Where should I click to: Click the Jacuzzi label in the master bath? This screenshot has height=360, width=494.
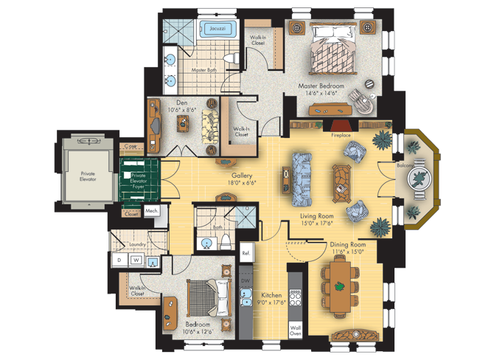(x=218, y=29)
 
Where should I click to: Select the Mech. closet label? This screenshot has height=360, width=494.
(x=152, y=211)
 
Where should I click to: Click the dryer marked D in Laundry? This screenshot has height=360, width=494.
(x=118, y=260)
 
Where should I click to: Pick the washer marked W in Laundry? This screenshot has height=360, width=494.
(x=136, y=260)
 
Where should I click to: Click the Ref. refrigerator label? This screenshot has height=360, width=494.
(x=246, y=253)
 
